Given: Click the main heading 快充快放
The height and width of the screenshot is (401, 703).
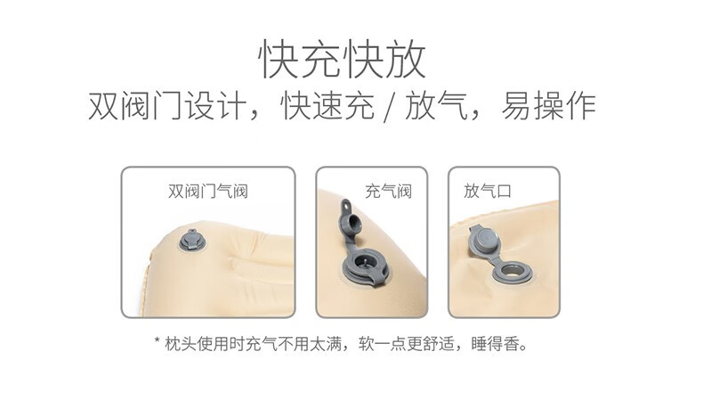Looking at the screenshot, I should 343,59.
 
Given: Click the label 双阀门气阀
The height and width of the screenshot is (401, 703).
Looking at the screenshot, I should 207,191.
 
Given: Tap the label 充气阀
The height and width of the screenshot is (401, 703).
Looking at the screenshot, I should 388,191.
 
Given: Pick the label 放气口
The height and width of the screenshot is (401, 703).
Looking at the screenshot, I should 487,191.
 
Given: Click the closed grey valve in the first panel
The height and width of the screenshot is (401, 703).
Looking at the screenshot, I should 191,240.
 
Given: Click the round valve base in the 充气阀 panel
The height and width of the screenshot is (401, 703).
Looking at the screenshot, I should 366,265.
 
